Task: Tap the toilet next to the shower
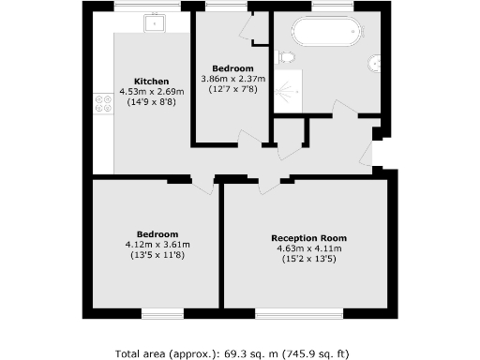click(286, 58)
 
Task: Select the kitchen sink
click(154, 22)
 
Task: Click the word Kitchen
click(151, 81)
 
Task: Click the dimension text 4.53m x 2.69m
click(151, 92)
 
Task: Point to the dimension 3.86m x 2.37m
click(232, 79)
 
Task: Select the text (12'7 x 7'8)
click(232, 89)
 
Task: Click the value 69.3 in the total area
click(236, 353)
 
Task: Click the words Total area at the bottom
click(147, 353)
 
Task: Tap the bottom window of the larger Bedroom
click(156, 309)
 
